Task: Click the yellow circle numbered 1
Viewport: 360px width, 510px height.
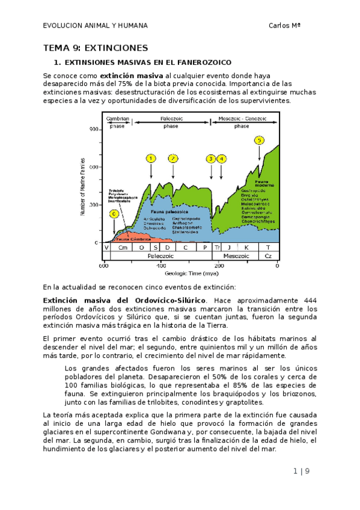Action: tap(150, 158)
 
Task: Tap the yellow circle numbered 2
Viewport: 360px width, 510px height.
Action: tap(173, 158)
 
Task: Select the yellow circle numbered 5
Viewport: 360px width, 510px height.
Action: tap(259, 140)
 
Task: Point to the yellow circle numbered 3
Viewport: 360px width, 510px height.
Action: tap(211, 159)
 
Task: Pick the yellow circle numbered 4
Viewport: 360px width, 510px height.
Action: tap(222, 159)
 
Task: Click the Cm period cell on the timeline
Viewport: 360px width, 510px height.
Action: tap(123, 248)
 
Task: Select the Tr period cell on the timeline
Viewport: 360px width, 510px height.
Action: tap(218, 248)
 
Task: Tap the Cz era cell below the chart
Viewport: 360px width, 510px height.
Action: tap(268, 256)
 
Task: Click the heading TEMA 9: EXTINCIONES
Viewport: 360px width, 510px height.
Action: tap(96, 48)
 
